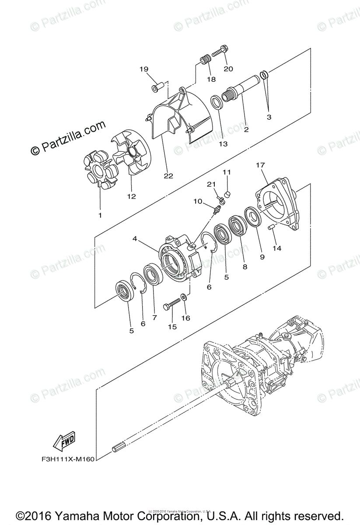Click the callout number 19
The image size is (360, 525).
coord(144,69)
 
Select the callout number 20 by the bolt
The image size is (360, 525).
coord(228,69)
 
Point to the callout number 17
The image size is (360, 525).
coord(260,165)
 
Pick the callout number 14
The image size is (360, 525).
coord(277,248)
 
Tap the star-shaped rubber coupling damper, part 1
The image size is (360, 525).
coord(100,168)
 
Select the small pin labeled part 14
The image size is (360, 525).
coord(271,227)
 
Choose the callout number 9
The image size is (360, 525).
coord(262,257)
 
